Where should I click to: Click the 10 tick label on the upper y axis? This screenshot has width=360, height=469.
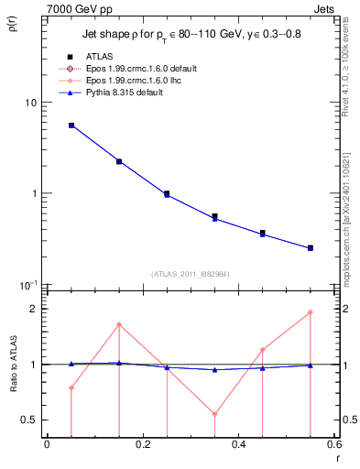point(31,103)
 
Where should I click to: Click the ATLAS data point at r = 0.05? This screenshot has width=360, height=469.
point(71,125)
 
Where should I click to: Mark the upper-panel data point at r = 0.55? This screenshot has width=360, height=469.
point(311,247)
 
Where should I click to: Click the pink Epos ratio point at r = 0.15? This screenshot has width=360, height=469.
point(119,324)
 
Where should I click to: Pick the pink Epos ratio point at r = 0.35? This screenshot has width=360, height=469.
point(214,414)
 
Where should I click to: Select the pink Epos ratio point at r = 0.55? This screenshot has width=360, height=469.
point(311,312)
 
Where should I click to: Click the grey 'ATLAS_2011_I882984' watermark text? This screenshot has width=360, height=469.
point(191,274)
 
